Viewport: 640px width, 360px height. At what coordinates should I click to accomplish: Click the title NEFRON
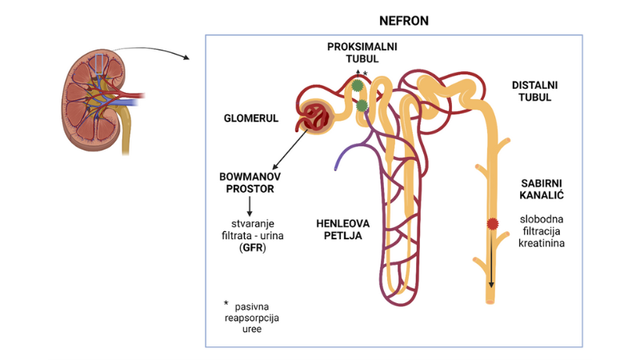[x=403, y=21]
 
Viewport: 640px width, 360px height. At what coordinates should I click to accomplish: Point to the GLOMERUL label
[x=251, y=118]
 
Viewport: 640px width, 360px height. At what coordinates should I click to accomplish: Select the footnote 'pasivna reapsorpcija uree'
[x=254, y=317]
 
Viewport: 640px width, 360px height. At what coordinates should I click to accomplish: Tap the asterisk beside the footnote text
[x=226, y=305]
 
